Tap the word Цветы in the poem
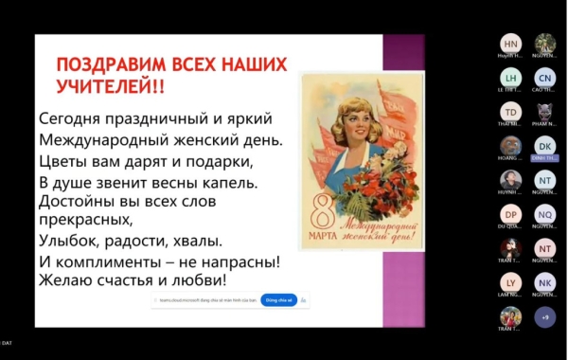coord(64,161)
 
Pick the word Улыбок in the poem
coord(70,241)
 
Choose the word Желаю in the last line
coord(66,280)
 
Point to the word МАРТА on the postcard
coord(323,233)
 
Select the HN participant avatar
coord(511,45)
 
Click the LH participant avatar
coord(511,78)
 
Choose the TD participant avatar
coord(511,112)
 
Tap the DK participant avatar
coord(544,146)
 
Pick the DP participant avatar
coord(511,214)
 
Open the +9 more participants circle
coord(544,316)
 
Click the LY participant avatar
coord(511,282)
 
